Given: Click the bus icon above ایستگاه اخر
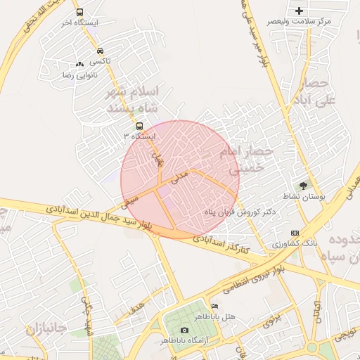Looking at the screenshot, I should click(x=79, y=13).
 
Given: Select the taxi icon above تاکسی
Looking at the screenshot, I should click(x=101, y=51).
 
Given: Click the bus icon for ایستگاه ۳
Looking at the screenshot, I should click(x=139, y=126).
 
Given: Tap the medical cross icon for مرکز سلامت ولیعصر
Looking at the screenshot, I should click(x=300, y=11).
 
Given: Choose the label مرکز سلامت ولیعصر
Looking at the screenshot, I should click(x=299, y=22).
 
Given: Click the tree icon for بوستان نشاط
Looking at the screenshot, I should click(x=303, y=186).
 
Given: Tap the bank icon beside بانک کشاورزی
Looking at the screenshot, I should click(x=294, y=233).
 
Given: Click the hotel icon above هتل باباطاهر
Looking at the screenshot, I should click(x=214, y=307).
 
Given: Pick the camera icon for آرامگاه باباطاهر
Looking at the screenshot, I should click(x=184, y=330).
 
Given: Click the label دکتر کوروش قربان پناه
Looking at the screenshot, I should click(x=241, y=212).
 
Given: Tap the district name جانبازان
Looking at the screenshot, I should click(x=46, y=328).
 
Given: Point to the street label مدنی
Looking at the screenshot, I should click(x=181, y=172).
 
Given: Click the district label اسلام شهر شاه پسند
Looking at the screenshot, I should click(x=134, y=101).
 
